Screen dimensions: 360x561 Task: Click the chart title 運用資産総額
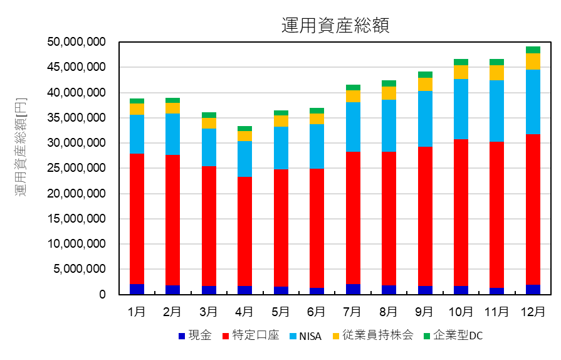336,24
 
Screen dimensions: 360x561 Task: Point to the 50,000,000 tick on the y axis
76,42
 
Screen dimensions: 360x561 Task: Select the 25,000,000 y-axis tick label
76,169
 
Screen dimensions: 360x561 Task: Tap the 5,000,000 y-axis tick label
79,270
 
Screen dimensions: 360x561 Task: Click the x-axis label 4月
244,312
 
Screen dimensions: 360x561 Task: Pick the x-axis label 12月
533,312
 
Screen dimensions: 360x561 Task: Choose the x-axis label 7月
353,312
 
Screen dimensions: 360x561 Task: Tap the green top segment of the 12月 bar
533,50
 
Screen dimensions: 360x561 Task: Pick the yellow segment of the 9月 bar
425,84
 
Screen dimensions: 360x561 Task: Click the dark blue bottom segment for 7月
353,289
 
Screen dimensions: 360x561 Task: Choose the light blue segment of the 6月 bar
317,146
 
